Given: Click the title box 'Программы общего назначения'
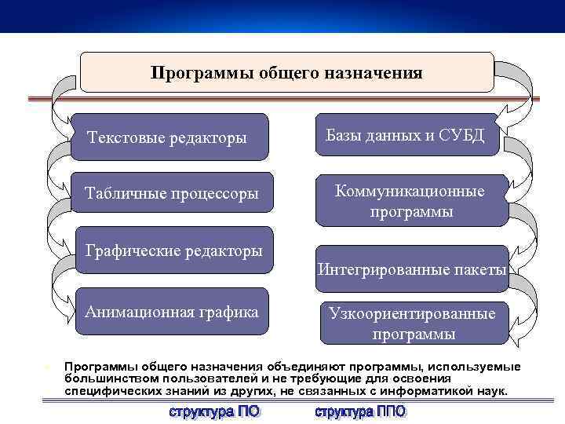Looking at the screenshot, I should point(287,73).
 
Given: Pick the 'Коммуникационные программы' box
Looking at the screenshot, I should point(410,201).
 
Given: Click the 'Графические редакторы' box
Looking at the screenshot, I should point(174,250).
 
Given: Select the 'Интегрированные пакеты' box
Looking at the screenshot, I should point(412,270).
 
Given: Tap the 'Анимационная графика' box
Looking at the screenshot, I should point(173,312).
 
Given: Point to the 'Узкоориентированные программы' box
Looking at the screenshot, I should point(413,323).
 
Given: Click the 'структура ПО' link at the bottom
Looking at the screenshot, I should point(214,411).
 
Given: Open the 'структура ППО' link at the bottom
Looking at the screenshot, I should point(360,411).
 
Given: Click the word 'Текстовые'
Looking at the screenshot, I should point(122,137).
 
